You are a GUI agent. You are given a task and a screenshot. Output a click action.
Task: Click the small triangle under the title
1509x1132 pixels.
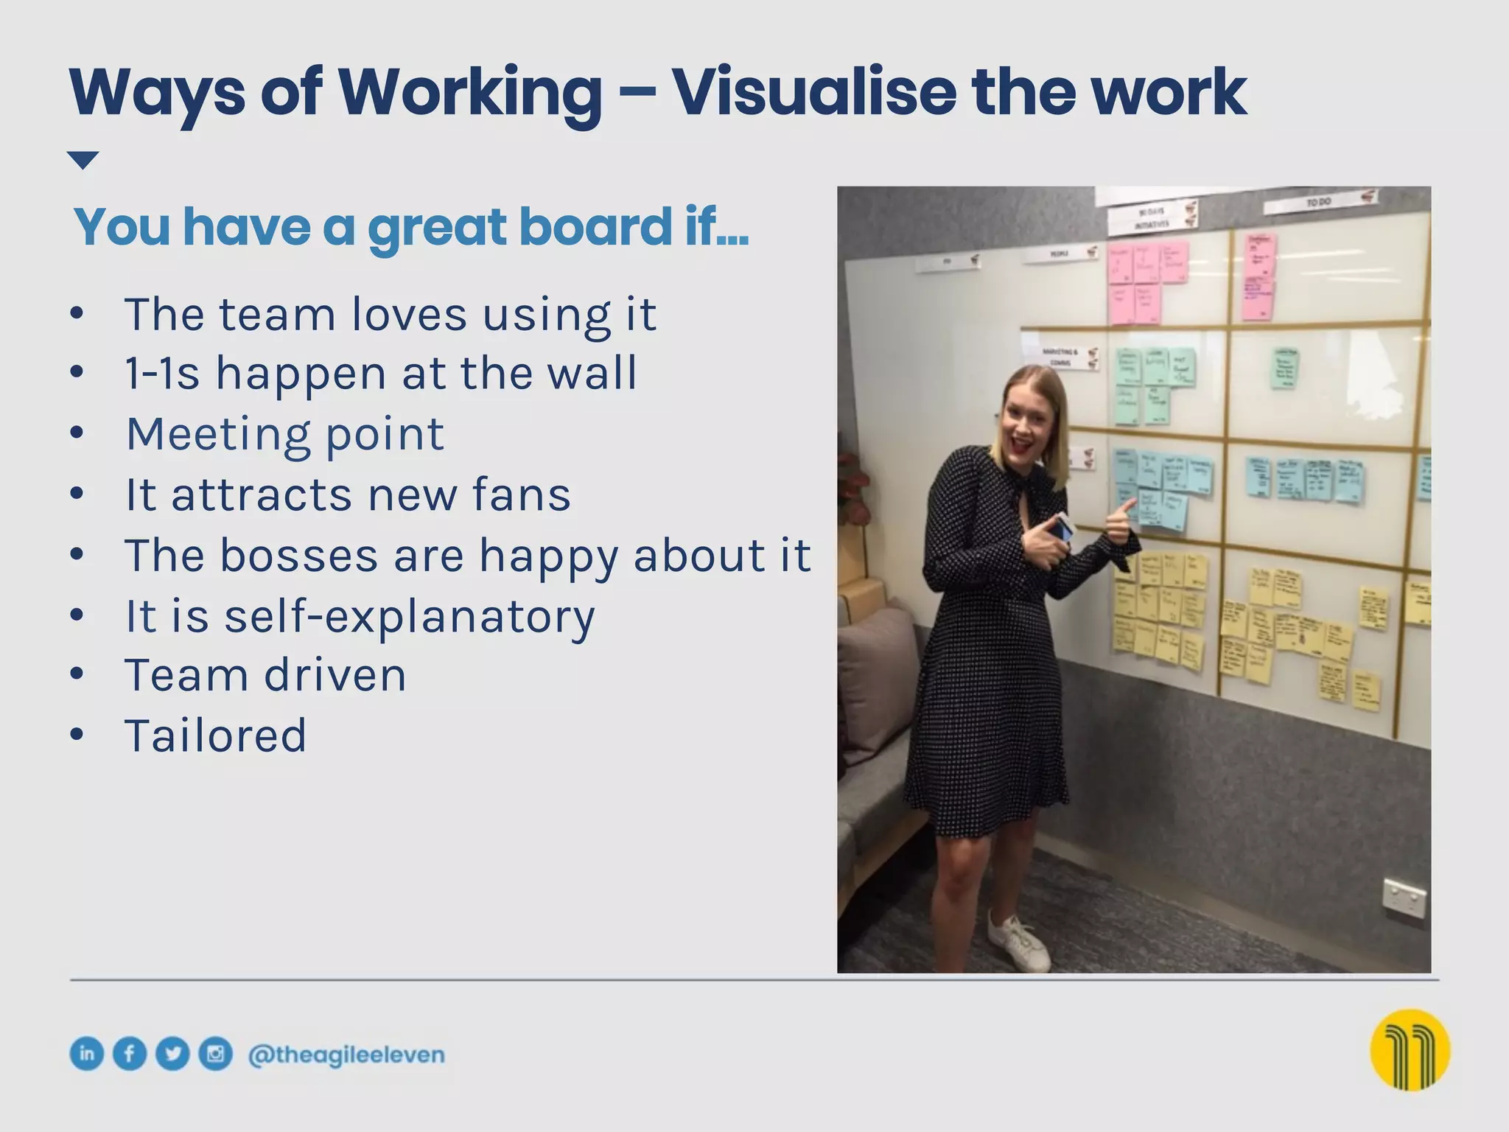[x=83, y=160]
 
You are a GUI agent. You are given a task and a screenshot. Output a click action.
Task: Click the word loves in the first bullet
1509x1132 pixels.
[x=409, y=315]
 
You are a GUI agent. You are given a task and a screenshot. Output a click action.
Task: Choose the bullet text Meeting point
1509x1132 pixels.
[x=285, y=434]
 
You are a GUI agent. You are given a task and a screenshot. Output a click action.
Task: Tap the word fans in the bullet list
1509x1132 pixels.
[x=521, y=495]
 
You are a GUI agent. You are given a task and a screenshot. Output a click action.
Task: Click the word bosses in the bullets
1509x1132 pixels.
[x=298, y=555]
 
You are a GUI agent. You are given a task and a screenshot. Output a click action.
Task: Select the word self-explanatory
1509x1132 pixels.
[x=409, y=616]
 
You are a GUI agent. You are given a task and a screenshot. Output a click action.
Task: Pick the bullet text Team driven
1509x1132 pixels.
[x=265, y=675]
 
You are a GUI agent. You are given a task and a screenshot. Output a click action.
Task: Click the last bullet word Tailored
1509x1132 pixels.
[x=215, y=736]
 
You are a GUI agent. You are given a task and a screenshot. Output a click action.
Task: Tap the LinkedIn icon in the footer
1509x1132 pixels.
[x=86, y=1054]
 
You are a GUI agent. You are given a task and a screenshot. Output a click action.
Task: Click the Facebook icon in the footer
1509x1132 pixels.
[x=130, y=1054]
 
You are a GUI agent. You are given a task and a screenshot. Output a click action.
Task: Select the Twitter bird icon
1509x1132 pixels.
[x=172, y=1054]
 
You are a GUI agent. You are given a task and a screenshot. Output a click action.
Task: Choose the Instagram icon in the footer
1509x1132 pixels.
[x=215, y=1054]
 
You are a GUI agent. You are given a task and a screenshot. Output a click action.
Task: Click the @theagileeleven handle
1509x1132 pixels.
[x=346, y=1055]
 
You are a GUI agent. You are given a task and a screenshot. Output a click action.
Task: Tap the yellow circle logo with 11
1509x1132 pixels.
[x=1410, y=1049]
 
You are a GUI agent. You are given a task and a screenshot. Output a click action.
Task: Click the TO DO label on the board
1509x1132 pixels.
[x=1319, y=201]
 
